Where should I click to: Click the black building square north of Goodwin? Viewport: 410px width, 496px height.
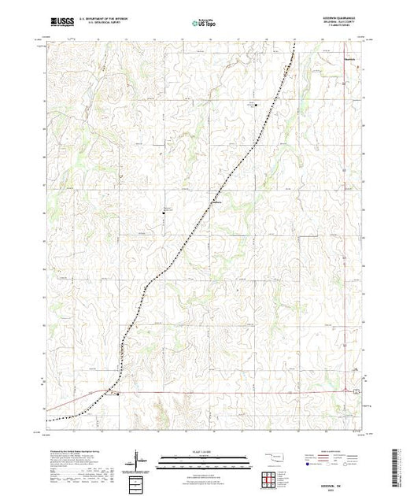pyautogui.click(x=254, y=104)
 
